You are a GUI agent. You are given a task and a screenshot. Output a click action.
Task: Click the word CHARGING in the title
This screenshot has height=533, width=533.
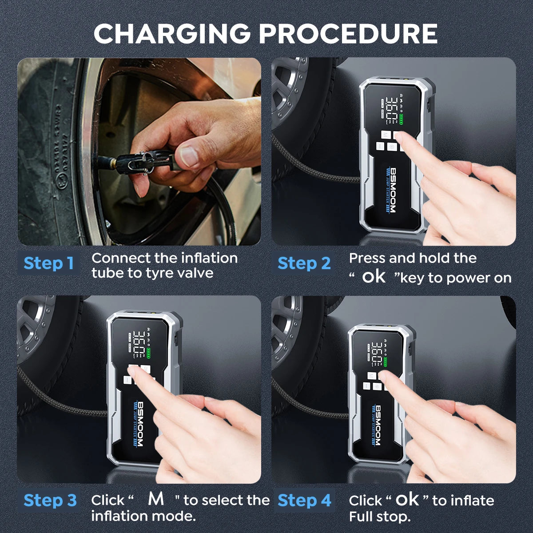[x=172, y=33]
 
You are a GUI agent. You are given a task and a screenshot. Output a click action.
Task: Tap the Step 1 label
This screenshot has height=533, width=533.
[x=48, y=263]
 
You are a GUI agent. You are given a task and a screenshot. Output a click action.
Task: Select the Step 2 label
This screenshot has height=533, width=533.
[x=304, y=263]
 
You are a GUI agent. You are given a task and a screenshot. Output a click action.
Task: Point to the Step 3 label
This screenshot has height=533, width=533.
[x=50, y=500]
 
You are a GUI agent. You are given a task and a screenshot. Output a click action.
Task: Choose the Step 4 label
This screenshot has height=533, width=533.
[x=304, y=500]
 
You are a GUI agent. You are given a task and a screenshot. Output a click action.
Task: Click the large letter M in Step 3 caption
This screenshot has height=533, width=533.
[x=156, y=499]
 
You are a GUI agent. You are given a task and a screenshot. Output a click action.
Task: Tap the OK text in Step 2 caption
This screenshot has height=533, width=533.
[x=374, y=277]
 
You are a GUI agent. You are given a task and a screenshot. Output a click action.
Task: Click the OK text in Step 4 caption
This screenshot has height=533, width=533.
[x=407, y=500]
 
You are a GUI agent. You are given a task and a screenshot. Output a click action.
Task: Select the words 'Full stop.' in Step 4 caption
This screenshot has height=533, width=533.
[x=379, y=517]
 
